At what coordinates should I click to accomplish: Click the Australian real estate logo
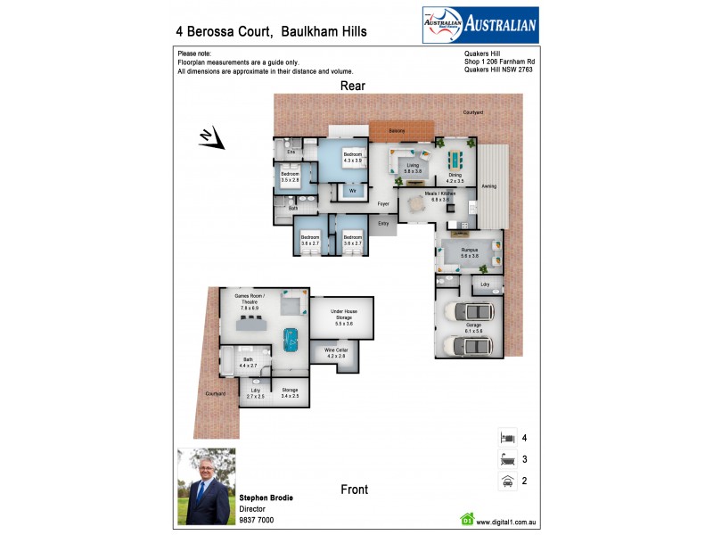tap(479, 25)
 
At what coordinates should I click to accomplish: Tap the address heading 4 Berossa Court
tap(270, 31)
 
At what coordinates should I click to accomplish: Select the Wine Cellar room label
tap(335, 352)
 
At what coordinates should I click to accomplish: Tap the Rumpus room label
tap(470, 253)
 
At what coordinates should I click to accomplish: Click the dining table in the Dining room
tap(455, 160)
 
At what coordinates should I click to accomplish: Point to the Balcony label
tap(397, 131)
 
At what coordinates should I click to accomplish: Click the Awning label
tap(489, 186)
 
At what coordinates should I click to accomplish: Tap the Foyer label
tap(384, 204)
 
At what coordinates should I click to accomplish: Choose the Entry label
tap(384, 223)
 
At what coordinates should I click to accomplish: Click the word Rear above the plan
tap(352, 86)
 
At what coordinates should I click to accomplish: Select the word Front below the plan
tap(354, 490)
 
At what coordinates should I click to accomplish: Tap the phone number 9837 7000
tap(257, 520)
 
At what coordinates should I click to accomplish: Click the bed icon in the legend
tap(506, 438)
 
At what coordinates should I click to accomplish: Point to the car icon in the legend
tap(506, 481)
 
